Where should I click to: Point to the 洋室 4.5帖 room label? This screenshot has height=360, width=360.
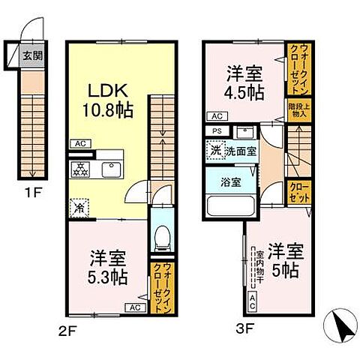coord(245,83)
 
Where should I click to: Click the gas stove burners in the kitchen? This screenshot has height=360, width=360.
coord(79,168)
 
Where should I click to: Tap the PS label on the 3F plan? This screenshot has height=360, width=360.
coord(217,130)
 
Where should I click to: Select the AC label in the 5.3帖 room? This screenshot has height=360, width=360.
coord(136,307)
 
